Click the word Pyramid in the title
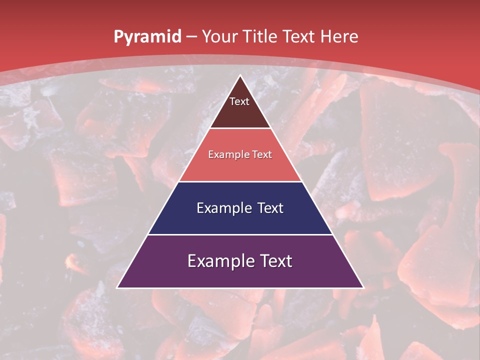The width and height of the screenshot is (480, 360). click(147, 37)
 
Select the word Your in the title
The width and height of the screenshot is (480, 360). click(218, 36)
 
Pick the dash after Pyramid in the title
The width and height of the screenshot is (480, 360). click(190, 37)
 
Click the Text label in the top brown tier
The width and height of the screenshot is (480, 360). click(239, 102)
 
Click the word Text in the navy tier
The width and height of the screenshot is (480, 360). click(270, 208)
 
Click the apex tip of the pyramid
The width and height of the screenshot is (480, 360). click(240, 76)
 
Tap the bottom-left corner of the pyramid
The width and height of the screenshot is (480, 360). click(118, 287)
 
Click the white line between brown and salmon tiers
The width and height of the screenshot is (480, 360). click(240, 128)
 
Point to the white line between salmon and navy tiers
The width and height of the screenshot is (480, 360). click(240, 181)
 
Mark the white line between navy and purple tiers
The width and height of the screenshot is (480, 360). click(240, 234)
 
